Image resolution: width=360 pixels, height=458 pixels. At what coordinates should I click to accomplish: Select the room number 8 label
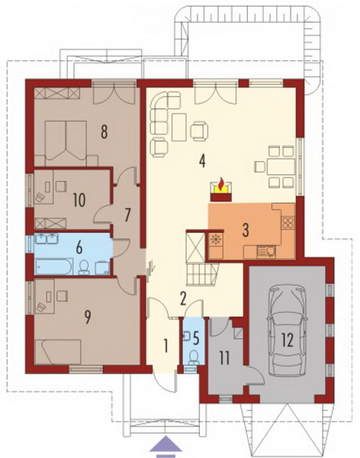(104, 131)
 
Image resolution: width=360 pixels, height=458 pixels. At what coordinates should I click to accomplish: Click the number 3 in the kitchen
(246, 230)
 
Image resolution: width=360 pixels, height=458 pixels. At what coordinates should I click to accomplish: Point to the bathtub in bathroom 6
(54, 266)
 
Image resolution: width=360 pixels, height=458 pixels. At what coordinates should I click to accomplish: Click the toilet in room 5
(193, 358)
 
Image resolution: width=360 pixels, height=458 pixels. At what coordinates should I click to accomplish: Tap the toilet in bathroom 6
(84, 268)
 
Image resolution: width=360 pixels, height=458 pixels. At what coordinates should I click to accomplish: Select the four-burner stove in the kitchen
(288, 223)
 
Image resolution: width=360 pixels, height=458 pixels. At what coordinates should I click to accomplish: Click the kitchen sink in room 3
(265, 252)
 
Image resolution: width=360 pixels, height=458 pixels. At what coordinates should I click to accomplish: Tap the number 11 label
(224, 359)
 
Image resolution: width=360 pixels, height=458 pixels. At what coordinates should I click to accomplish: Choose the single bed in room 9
(58, 352)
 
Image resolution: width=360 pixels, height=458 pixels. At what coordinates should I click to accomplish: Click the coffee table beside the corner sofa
(178, 127)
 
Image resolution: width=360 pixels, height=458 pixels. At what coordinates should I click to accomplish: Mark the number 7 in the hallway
(127, 215)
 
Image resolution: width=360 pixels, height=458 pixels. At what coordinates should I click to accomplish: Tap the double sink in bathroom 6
(47, 239)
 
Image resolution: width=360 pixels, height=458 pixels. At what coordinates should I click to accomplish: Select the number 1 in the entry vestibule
(166, 347)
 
